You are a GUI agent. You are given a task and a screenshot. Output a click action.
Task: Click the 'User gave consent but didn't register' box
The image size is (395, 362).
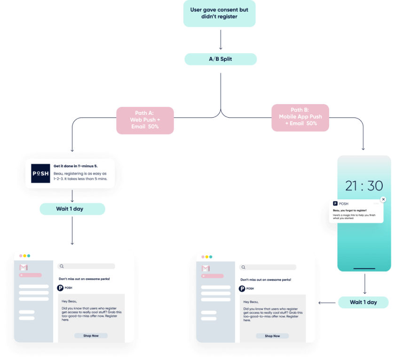pos(220,13)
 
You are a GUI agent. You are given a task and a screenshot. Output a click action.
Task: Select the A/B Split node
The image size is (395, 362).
pos(220,59)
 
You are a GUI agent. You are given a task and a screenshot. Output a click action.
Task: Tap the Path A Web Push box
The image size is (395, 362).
pos(145,120)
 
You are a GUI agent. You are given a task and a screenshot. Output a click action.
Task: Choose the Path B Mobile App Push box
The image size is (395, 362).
pos(300,117)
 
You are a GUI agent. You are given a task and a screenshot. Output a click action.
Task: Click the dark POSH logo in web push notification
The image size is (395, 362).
pos(40,173)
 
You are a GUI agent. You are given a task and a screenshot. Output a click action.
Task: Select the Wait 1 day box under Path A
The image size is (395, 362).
pos(72,209)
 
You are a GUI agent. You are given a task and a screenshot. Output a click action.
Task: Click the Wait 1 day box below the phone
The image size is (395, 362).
pos(363,302)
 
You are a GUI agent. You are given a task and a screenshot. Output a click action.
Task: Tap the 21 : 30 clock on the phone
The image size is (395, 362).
pos(363,186)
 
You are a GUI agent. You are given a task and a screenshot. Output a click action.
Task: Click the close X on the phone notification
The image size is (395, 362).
pos(383,200)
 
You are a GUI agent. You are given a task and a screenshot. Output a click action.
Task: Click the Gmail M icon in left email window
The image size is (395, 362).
pos(24,267)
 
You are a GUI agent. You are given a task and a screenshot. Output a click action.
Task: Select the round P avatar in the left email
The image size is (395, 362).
pos(60,288)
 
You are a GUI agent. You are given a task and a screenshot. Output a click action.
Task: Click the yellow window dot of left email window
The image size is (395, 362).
pos(24,256)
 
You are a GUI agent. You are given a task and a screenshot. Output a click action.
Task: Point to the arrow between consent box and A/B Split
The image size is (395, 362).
pos(220,40)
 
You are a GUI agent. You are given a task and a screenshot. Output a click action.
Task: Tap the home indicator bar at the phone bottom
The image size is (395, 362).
pos(364,269)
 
